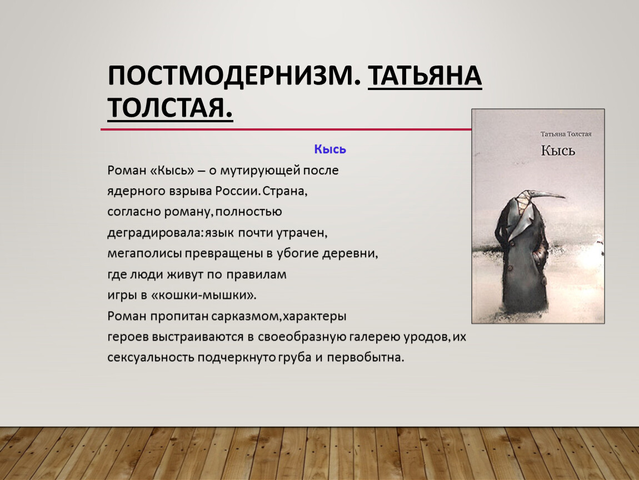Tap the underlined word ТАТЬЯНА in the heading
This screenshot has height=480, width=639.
425,76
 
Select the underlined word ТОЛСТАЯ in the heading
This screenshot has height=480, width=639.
170,108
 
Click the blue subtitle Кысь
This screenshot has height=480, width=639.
330,149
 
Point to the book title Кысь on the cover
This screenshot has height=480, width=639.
558,151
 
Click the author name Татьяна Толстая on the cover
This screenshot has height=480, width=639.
566,134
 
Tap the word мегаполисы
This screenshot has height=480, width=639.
144,253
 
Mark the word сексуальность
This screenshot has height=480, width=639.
151,357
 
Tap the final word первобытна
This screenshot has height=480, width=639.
366,357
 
